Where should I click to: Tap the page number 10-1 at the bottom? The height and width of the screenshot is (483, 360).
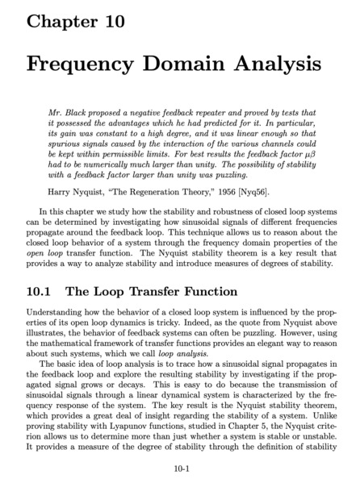180,467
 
